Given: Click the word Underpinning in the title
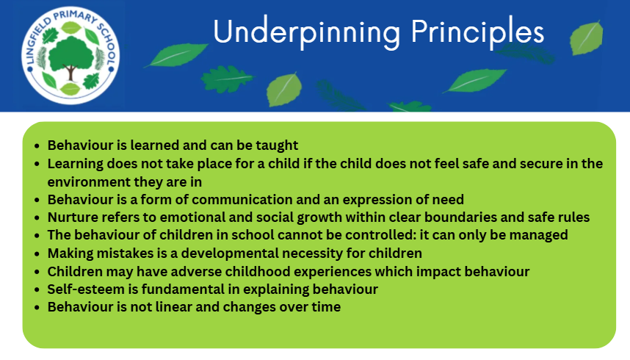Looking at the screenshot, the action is coord(307,33).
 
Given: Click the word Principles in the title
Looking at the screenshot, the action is coord(477,33).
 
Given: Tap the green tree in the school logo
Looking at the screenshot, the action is coord(70,54).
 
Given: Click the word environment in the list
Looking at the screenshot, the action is coord(89,181).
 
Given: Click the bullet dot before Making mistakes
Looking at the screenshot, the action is coord(37,253).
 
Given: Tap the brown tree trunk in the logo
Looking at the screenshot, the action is coord(70,73).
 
